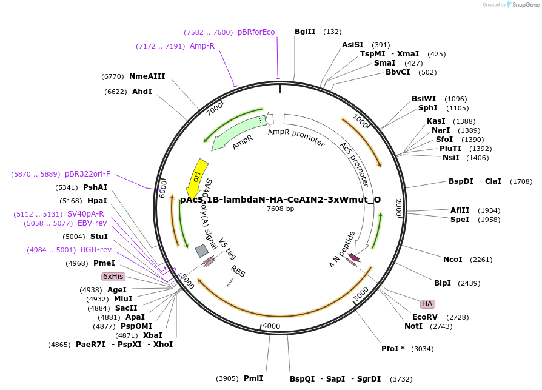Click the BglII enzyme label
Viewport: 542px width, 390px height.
(x=305, y=32)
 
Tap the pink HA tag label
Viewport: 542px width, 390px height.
(x=427, y=303)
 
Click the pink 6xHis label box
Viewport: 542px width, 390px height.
(x=113, y=277)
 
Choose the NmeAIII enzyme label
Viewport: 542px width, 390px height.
(x=147, y=76)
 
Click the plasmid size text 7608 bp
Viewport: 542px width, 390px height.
(x=280, y=209)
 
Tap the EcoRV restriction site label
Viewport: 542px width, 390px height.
(x=424, y=317)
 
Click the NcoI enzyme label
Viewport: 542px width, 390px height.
(x=453, y=260)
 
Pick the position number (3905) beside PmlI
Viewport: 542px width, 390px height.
(x=227, y=378)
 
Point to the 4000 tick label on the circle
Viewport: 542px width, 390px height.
(x=271, y=326)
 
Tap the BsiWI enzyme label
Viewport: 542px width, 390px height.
(x=424, y=99)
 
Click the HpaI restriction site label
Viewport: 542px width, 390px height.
(x=97, y=201)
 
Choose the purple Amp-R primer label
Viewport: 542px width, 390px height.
(x=202, y=46)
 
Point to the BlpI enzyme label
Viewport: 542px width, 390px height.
(x=443, y=283)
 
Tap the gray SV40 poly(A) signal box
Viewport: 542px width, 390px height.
(x=201, y=250)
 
